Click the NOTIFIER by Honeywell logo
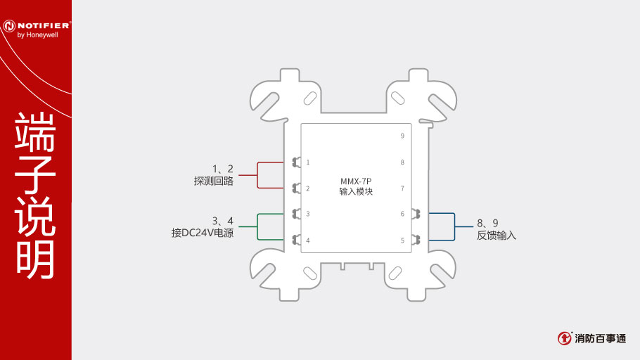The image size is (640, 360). pos(37,30)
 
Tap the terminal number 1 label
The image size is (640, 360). pos(308,162)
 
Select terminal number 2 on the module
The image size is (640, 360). pos(308,188)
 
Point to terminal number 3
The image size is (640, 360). pos(308,214)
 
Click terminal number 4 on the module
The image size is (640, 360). pos(308,240)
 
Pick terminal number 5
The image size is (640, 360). pos(402,240)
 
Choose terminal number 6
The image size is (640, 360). pos(402,214)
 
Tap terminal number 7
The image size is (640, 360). pos(402,188)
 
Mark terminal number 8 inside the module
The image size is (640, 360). pos(402,162)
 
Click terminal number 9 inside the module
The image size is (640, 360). pos(402,136)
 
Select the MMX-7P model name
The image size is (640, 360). pos(356,181)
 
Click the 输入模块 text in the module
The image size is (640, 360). pos(356,191)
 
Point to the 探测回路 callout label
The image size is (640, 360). pos(214,181)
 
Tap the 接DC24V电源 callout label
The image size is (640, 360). pos(203,233)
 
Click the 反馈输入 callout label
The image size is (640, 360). pos(497,236)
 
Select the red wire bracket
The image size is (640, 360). pos(257,176)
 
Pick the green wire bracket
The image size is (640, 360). pos(257,226)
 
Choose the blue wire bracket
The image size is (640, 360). pos(455,226)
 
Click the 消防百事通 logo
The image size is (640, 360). pos(592,338)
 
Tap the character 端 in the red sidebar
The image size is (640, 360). pos(35,132)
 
